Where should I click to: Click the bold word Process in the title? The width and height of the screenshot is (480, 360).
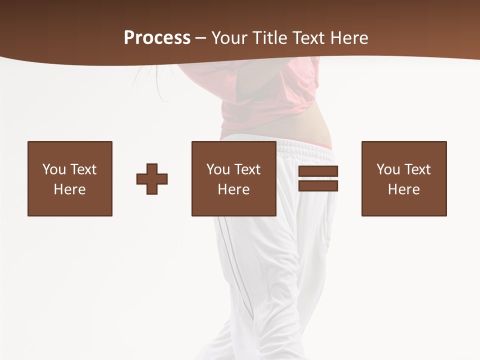(157, 38)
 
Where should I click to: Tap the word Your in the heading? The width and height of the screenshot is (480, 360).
(229, 38)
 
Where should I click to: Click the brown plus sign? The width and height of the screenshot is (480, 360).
(152, 178)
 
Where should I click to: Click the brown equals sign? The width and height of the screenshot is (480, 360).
(318, 178)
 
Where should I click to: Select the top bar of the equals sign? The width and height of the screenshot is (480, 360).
(318, 171)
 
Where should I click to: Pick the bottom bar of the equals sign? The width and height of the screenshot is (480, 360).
(318, 185)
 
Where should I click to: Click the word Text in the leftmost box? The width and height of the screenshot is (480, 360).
(82, 169)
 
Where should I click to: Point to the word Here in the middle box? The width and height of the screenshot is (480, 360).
(233, 189)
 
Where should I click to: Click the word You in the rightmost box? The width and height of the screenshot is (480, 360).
(388, 169)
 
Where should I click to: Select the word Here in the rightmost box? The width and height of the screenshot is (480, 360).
(403, 189)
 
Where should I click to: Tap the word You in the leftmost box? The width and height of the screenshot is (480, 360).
(54, 169)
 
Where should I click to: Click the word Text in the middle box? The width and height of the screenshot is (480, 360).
(246, 169)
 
